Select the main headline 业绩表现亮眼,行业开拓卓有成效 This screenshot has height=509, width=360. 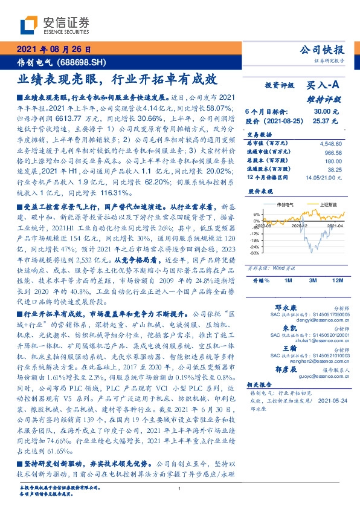click(117, 79)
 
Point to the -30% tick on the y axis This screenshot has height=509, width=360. click(256, 253)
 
